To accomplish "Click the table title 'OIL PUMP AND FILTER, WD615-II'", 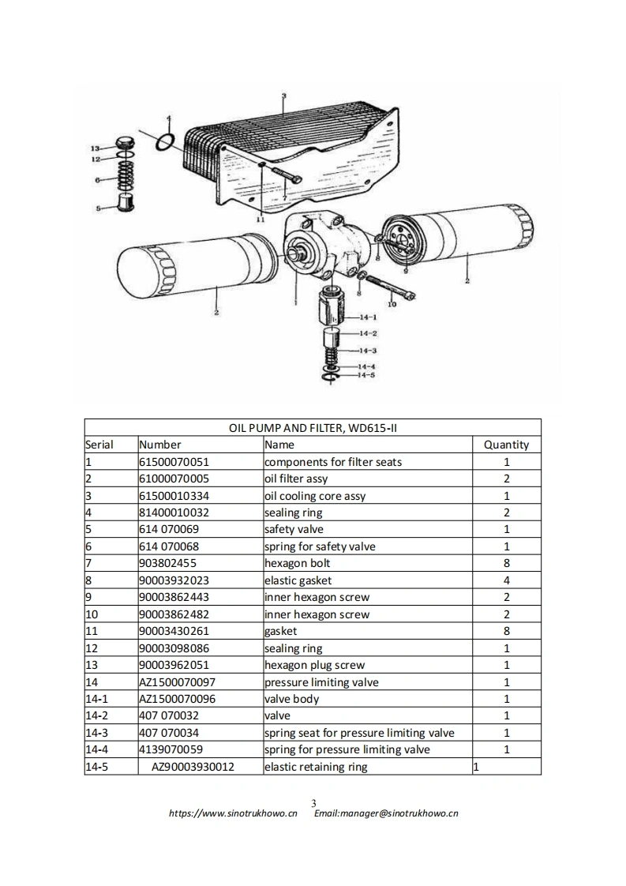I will pyautogui.click(x=313, y=428).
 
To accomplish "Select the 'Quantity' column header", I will pyautogui.click(x=506, y=445).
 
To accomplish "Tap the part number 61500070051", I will pyautogui.click(x=174, y=462).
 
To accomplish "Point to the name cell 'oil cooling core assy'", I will pyautogui.click(x=315, y=496).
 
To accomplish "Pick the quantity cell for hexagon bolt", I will pyautogui.click(x=506, y=563).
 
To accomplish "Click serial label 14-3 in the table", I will pyautogui.click(x=97, y=733).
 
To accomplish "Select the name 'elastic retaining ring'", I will pyautogui.click(x=316, y=767).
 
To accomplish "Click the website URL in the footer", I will pyautogui.click(x=234, y=813).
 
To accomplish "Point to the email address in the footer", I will pyautogui.click(x=386, y=813).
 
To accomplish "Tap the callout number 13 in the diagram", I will pyautogui.click(x=95, y=148).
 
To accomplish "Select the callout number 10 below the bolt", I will pyautogui.click(x=392, y=304).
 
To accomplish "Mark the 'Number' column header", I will pyautogui.click(x=160, y=445).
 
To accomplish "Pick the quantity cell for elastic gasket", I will pyautogui.click(x=506, y=580).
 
